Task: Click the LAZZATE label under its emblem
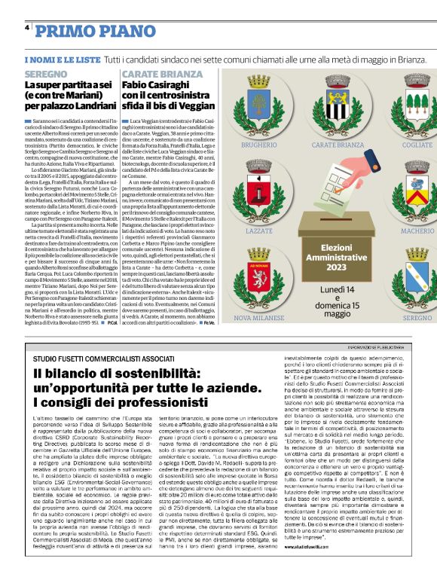pos(258,231)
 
